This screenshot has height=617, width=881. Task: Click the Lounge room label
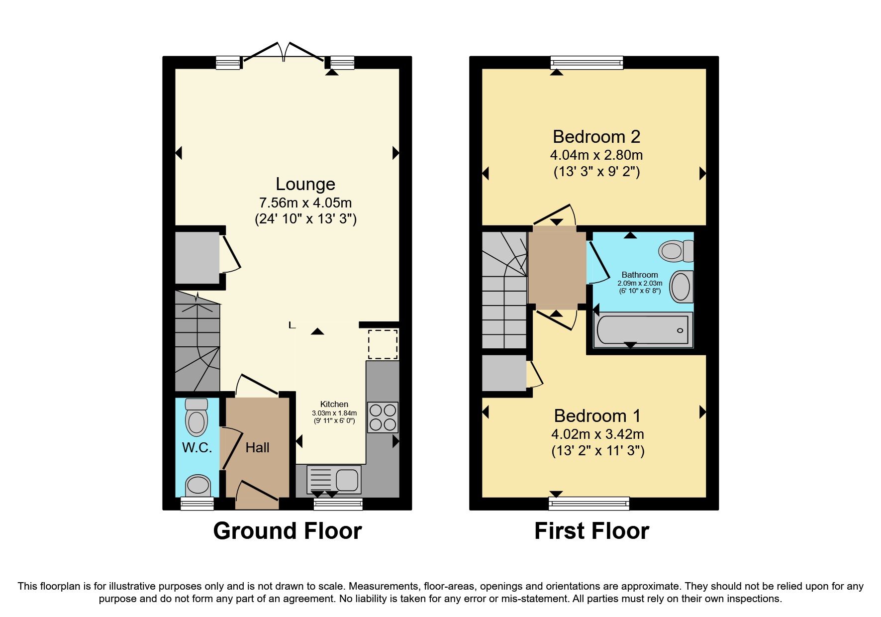click(305, 184)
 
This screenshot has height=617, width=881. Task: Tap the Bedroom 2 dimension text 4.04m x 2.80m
click(596, 155)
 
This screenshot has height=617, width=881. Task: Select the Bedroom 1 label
click(597, 415)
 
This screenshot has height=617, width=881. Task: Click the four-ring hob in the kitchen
click(383, 417)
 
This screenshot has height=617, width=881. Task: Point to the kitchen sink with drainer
click(334, 480)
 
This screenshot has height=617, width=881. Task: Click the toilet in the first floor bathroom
click(676, 251)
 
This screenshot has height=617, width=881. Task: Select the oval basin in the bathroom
click(681, 287)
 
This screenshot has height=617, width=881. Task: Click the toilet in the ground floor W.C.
click(196, 417)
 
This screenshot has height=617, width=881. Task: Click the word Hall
click(257, 448)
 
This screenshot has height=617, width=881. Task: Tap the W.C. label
click(197, 448)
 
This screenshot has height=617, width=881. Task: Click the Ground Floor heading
click(288, 531)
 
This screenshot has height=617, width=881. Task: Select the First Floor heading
click(591, 531)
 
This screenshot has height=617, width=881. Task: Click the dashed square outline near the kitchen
click(383, 344)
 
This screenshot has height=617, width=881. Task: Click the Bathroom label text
click(640, 275)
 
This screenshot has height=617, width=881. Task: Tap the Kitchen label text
click(334, 404)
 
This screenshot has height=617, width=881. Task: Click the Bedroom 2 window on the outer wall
click(587, 62)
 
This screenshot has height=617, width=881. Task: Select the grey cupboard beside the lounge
click(197, 258)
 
